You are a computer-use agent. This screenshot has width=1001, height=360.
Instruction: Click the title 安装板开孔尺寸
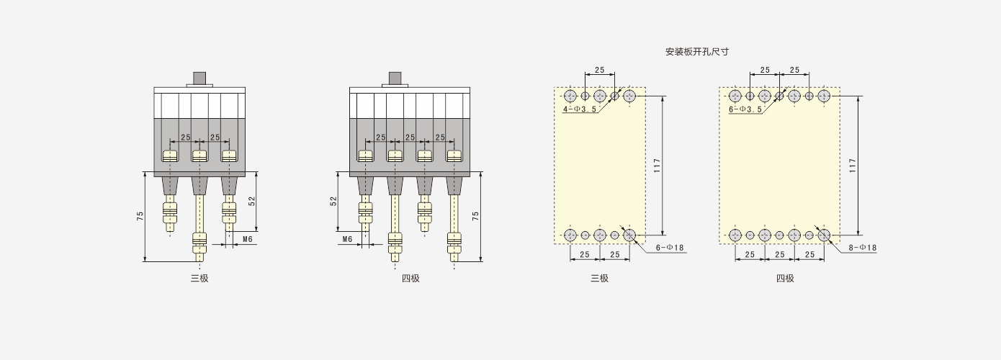tap(696, 52)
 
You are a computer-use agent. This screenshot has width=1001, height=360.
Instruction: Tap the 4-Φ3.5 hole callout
tap(580, 109)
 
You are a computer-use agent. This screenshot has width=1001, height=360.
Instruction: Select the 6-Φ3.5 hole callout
tap(745, 109)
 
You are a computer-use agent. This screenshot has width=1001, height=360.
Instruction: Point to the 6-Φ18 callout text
tap(670, 248)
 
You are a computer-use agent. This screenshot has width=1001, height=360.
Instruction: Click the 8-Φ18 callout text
tap(863, 248)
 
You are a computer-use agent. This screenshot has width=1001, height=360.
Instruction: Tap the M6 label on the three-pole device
tap(248, 239)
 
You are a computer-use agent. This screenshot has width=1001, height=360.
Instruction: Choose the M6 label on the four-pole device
tap(347, 239)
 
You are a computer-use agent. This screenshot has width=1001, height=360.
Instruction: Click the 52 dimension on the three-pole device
tap(252, 202)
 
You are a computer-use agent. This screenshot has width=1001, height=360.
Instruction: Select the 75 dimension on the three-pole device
tap(140, 216)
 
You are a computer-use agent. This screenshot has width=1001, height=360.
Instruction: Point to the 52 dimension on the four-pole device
tap(333, 202)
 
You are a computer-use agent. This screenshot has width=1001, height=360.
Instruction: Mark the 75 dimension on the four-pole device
tap(475, 216)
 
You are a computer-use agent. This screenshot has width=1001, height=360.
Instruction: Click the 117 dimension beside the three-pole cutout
tap(657, 166)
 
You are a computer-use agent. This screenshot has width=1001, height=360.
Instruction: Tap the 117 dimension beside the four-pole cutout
tap(853, 166)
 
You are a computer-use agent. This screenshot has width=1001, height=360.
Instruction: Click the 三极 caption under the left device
tap(199, 278)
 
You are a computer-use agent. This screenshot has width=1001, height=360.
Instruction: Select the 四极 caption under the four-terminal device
tap(410, 278)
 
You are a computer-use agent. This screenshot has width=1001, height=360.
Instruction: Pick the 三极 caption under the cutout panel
tap(599, 278)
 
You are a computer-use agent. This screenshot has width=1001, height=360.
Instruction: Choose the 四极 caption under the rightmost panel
tap(785, 278)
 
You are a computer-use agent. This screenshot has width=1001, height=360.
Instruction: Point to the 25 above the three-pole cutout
tap(600, 70)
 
